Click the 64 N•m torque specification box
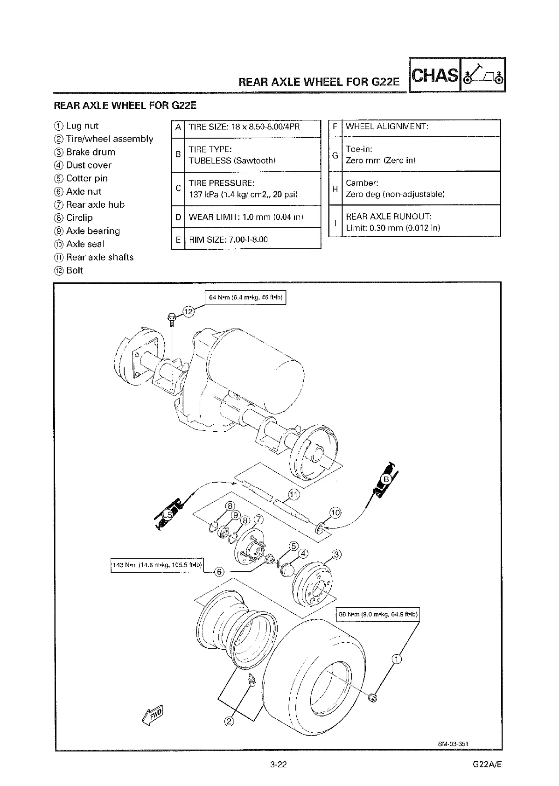pyautogui.click(x=245, y=297)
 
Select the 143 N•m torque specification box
pyautogui.click(x=157, y=565)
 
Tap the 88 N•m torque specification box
pyautogui.click(x=378, y=614)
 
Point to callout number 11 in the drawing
pyautogui.click(x=294, y=494)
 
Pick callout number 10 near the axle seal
pyautogui.click(x=335, y=513)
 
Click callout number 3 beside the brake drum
pyautogui.click(x=336, y=554)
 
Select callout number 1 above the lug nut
pyautogui.click(x=396, y=659)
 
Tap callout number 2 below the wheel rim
pyautogui.click(x=229, y=722)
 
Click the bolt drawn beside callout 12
pyautogui.click(x=171, y=318)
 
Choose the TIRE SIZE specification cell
pyautogui.click(x=252, y=127)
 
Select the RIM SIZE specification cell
pyautogui.click(x=252, y=239)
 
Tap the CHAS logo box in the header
pyautogui.click(x=434, y=75)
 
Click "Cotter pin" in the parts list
pyautogui.click(x=87, y=178)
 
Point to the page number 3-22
pyautogui.click(x=278, y=764)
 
